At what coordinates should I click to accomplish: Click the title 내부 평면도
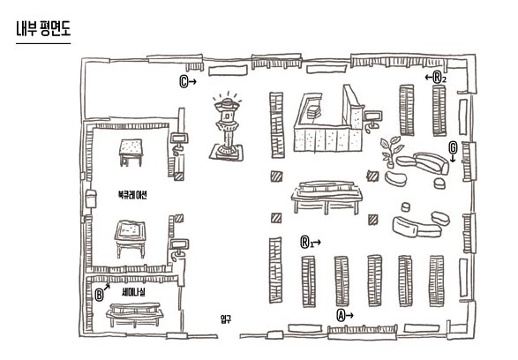pos(43,29)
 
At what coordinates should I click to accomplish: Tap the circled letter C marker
pos(184,81)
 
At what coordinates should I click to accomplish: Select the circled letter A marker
pos(341,315)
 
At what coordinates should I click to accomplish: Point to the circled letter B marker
pos(99,295)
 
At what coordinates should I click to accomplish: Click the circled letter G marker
pos(453,147)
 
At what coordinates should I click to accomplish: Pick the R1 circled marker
pos(305,243)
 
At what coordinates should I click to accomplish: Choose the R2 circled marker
pos(439,78)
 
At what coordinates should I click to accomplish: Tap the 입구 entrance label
pos(226,319)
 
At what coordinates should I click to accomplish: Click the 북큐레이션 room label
pos(132,194)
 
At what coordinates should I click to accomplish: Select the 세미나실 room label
pos(133,292)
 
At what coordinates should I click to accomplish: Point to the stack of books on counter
pos(313,112)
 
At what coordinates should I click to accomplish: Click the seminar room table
pos(134,315)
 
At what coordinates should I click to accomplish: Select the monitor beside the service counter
pos(372,120)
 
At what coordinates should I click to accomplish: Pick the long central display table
pos(327,197)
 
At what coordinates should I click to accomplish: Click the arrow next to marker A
pos(349,316)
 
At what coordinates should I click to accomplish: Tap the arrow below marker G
pos(453,158)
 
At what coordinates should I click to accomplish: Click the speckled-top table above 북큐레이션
pos(131,153)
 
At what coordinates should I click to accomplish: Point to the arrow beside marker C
pos(192,81)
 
